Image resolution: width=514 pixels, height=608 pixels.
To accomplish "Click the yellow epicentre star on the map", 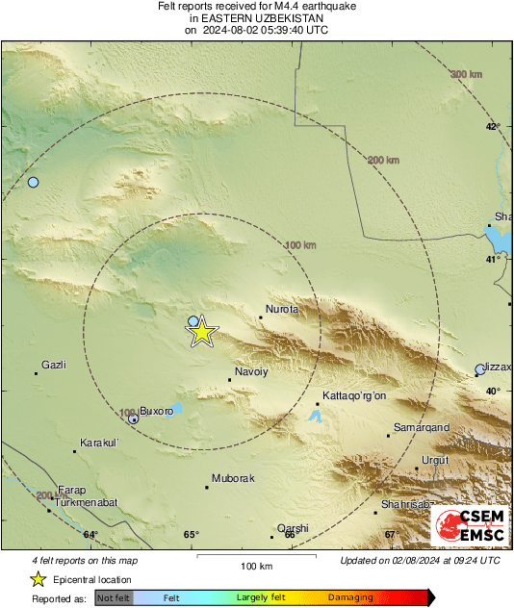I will (x=201, y=332).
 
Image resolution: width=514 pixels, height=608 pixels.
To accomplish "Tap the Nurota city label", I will (x=282, y=309).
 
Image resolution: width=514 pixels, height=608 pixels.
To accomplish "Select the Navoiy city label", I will (x=251, y=371).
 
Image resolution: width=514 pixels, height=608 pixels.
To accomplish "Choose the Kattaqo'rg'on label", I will (x=354, y=395).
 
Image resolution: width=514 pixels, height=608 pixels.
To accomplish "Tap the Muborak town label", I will (x=232, y=478).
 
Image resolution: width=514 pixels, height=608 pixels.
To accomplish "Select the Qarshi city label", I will (x=293, y=528).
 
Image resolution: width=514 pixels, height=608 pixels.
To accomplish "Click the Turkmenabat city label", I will (x=86, y=502).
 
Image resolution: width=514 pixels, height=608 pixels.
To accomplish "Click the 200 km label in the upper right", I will (x=383, y=160).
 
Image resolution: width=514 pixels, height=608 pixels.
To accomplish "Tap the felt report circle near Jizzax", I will (x=480, y=369).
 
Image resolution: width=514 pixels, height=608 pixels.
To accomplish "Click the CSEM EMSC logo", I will (x=469, y=526).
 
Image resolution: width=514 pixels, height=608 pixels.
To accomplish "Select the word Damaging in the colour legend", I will (x=350, y=597).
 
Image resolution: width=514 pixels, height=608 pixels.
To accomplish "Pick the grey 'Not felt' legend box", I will (x=115, y=597).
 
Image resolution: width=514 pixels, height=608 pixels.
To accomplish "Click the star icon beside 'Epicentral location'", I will (x=38, y=579).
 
